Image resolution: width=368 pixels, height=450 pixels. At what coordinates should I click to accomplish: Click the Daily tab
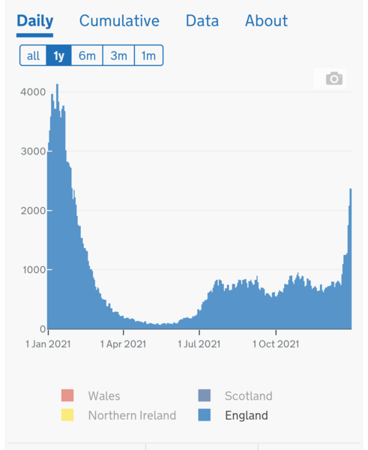click(34, 20)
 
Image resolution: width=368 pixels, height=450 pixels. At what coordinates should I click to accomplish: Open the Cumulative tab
click(119, 20)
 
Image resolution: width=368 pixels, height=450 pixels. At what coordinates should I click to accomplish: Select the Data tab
click(202, 20)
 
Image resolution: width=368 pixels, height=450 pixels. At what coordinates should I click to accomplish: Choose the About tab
click(266, 20)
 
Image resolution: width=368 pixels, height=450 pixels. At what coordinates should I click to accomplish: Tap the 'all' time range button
click(33, 55)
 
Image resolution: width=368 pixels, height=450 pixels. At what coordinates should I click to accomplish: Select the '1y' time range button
click(58, 55)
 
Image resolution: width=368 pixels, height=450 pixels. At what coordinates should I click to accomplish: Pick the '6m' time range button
click(87, 55)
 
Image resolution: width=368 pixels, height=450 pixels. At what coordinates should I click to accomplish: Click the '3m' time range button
click(118, 55)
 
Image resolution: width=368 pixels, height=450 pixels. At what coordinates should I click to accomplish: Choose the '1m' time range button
click(148, 55)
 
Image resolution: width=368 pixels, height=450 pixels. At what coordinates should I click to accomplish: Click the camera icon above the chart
click(334, 79)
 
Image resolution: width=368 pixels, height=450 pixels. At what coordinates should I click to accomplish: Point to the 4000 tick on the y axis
click(31, 92)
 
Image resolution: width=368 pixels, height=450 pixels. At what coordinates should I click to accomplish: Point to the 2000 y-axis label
click(31, 211)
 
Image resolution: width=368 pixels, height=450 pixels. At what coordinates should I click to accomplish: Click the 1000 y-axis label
click(31, 270)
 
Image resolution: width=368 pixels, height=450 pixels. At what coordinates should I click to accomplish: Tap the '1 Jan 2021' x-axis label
click(49, 344)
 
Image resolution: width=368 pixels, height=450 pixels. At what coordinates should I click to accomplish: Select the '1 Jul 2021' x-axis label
click(199, 344)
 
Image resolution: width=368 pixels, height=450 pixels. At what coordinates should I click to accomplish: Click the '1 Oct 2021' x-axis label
click(276, 344)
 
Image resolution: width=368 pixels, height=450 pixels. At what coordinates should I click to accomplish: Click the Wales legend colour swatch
click(68, 396)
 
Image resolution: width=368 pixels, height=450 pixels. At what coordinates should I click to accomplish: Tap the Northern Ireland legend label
click(132, 415)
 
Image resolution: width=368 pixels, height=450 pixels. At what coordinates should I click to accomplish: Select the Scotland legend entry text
click(248, 396)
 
